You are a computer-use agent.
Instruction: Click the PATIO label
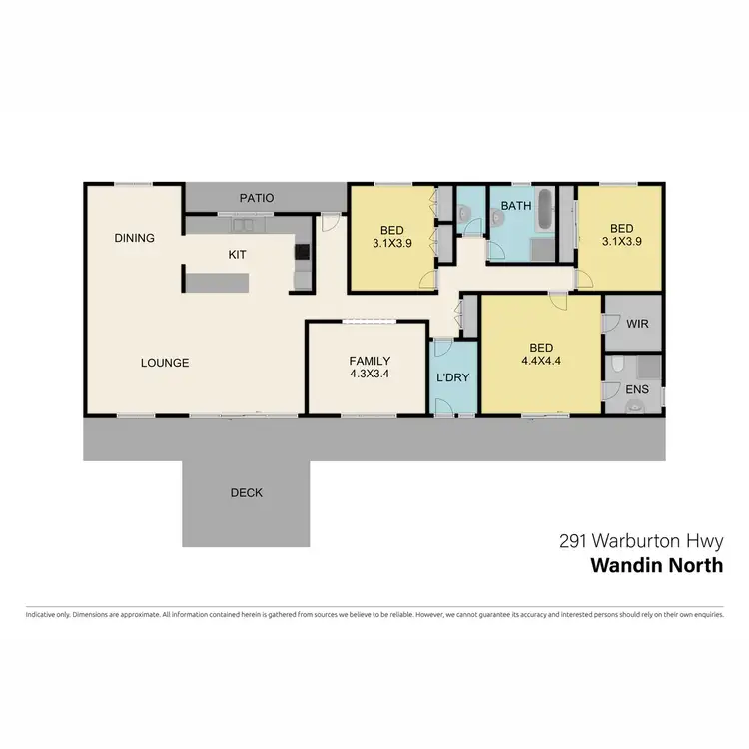(x=256, y=198)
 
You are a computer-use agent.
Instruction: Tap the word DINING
(x=134, y=238)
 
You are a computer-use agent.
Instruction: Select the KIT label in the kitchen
(x=237, y=255)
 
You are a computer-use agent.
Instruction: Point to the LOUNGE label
(x=165, y=363)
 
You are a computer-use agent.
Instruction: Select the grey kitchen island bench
(x=214, y=280)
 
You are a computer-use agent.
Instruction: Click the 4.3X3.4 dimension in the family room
(x=370, y=374)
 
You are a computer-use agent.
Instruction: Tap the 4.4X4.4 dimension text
(x=541, y=364)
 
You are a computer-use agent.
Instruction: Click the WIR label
(x=638, y=325)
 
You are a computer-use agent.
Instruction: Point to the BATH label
(x=516, y=206)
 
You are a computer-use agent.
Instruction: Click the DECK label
(x=246, y=492)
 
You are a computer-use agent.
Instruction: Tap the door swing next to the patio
(x=328, y=224)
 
